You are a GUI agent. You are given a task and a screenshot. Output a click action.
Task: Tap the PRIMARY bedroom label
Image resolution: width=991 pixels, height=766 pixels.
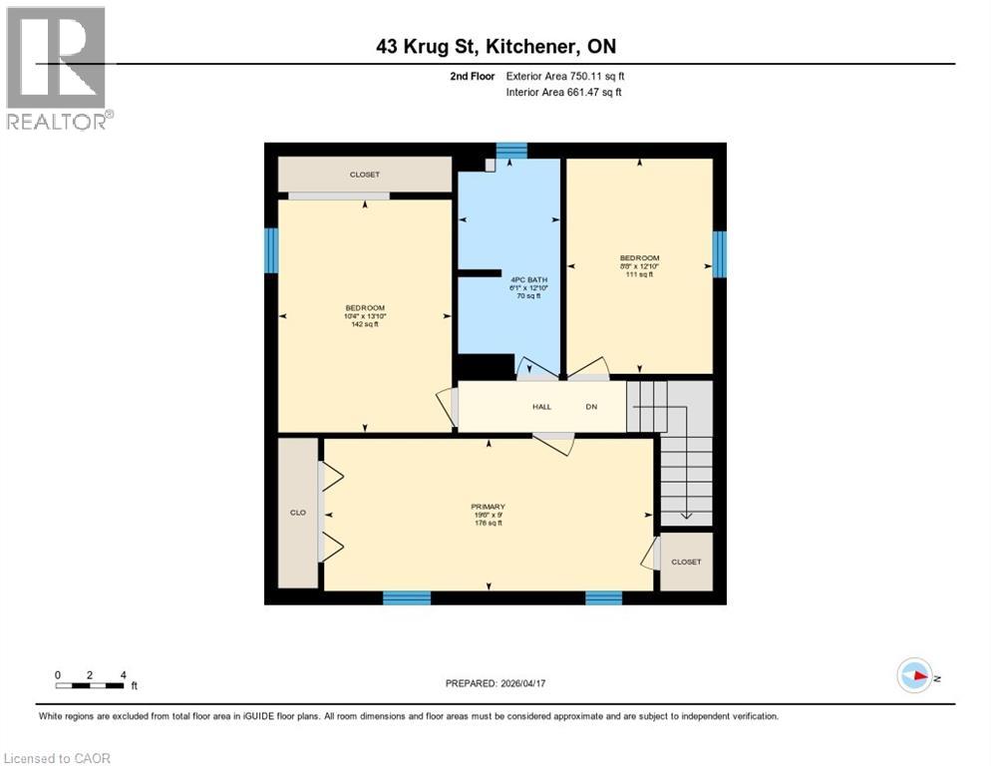click(x=488, y=507)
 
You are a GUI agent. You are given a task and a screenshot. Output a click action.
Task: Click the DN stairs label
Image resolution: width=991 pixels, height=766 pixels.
click(x=590, y=407)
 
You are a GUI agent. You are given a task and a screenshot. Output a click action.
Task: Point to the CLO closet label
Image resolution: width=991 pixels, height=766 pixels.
click(x=297, y=513)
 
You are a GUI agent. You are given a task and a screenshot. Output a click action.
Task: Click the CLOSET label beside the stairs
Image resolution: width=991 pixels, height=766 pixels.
click(x=686, y=562)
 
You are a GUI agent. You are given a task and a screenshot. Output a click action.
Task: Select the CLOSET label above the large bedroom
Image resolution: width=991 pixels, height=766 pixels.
click(x=364, y=175)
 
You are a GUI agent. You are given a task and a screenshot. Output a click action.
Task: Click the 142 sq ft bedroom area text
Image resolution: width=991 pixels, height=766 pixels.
click(x=365, y=324)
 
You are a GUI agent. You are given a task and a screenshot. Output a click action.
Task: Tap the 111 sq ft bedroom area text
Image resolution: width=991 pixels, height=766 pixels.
click(x=639, y=274)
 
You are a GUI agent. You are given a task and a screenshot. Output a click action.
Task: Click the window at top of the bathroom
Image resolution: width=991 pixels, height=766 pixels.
click(x=511, y=151)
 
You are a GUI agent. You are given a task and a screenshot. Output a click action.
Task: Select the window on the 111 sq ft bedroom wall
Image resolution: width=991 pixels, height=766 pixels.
click(x=720, y=253)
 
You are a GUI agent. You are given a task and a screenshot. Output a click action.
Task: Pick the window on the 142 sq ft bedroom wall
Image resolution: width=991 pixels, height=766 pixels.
click(x=270, y=250)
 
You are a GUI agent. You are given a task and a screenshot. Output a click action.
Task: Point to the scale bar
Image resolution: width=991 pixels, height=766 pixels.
click(x=91, y=685)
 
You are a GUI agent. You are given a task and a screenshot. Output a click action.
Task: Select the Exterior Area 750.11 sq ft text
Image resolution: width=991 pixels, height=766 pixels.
click(x=566, y=76)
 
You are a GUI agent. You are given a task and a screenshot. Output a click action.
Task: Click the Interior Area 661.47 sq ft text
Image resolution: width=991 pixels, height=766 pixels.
click(x=564, y=93)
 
